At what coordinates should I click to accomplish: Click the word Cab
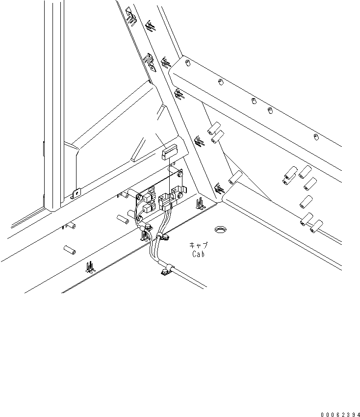click(x=198, y=254)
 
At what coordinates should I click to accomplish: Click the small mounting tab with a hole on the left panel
click(x=76, y=194)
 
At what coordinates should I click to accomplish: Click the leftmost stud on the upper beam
click(x=187, y=63)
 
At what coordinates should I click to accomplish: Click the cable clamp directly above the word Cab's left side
click(x=165, y=238)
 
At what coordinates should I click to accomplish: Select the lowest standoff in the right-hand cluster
click(x=314, y=226)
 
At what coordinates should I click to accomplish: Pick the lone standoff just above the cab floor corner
click(x=235, y=177)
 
